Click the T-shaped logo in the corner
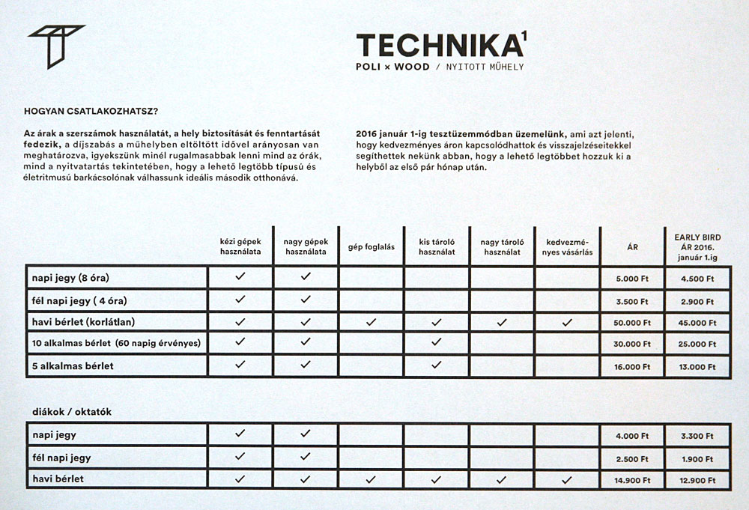[55, 46]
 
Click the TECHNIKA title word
[438, 46]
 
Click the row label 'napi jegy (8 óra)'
[76, 278]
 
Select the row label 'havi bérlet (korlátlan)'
[94, 322]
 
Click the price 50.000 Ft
[631, 323]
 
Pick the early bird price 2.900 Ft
[697, 301]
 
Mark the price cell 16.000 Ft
[631, 367]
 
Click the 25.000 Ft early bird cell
[697, 344]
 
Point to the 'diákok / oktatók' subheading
[73, 411]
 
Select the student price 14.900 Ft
[631, 480]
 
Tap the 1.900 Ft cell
[697, 458]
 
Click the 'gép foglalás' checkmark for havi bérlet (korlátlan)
[371, 322]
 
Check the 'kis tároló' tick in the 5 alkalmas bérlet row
[437, 365]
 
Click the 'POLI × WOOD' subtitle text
[393, 67]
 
